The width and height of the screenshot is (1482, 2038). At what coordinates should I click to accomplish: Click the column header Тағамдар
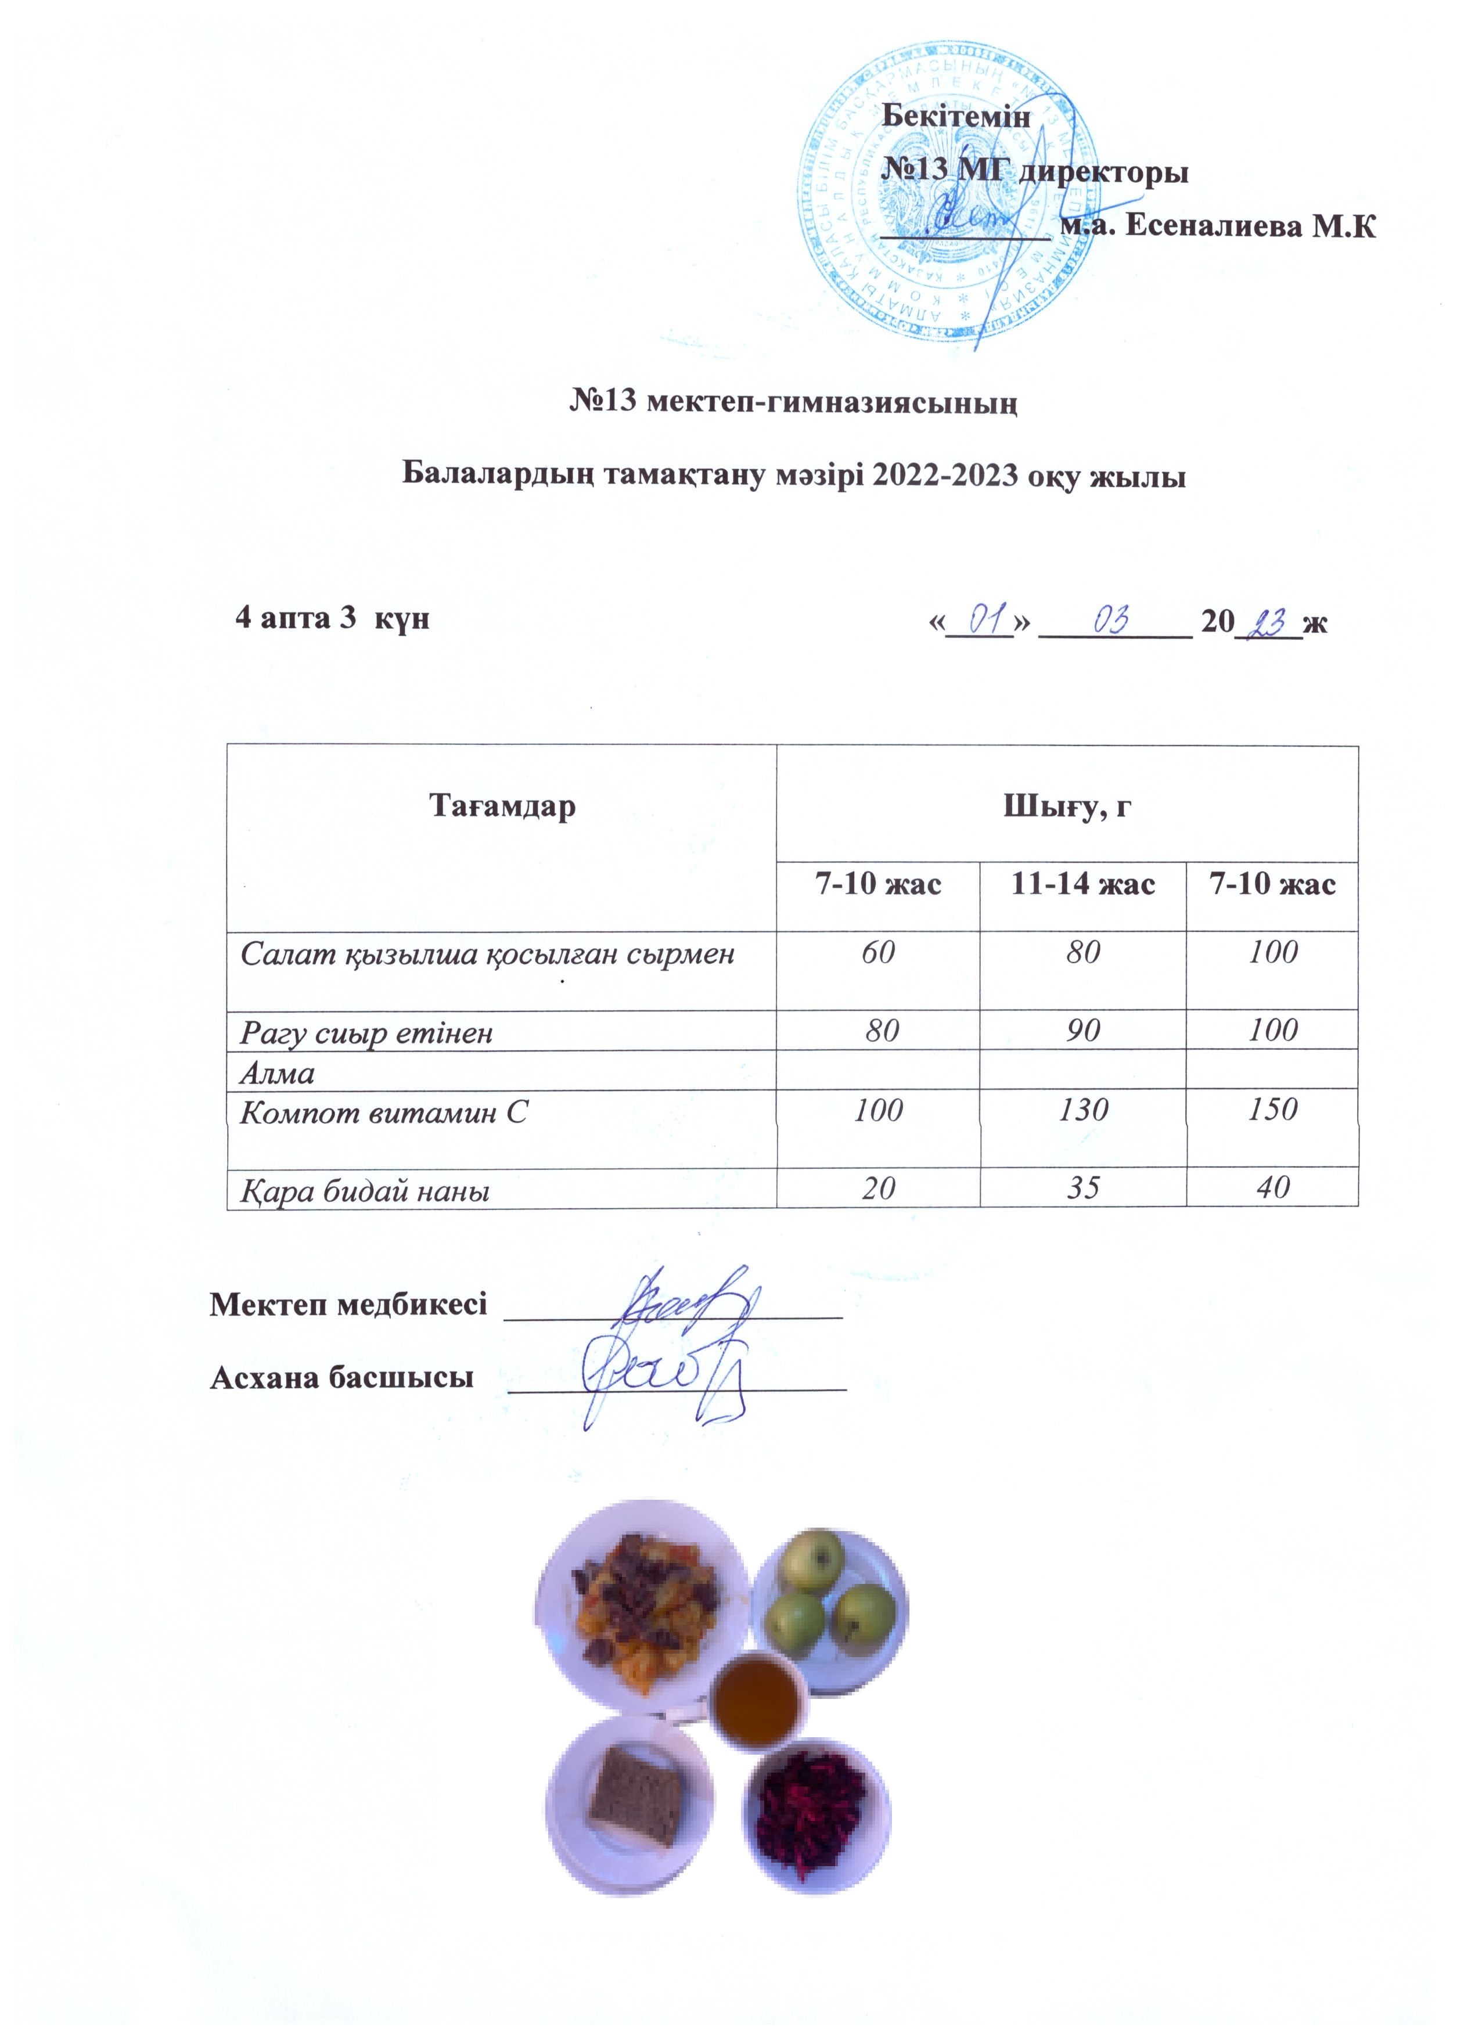pyautogui.click(x=502, y=806)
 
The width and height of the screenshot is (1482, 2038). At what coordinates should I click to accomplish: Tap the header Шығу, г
pyautogui.click(x=1067, y=806)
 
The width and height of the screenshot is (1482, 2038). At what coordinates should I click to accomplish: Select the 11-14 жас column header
pyautogui.click(x=1083, y=884)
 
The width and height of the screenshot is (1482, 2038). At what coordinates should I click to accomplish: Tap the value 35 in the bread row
pyautogui.click(x=1083, y=1188)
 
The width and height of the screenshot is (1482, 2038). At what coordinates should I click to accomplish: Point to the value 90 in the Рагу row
pyautogui.click(x=1083, y=1031)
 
